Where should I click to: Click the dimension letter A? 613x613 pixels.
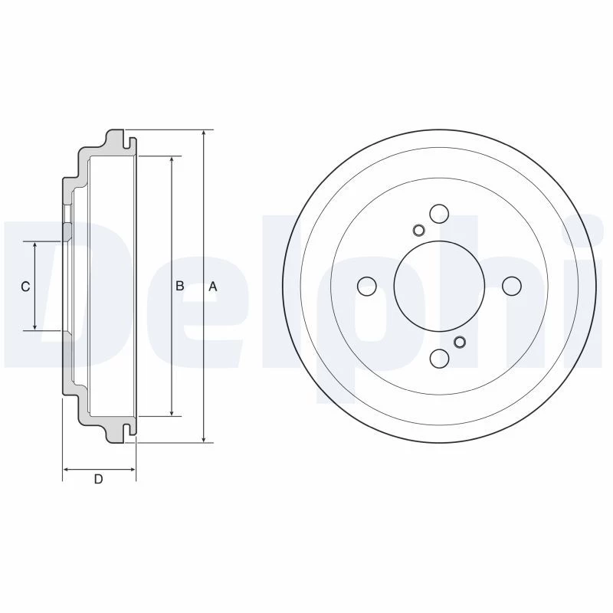point(213,287)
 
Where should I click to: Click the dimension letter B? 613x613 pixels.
point(179,286)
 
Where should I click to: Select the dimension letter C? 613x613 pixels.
point(25,287)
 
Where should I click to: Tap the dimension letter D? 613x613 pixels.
point(99,479)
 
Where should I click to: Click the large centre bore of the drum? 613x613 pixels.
point(439,286)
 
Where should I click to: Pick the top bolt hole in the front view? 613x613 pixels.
point(439,214)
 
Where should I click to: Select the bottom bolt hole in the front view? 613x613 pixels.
point(439,359)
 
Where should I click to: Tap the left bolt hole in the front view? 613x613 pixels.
point(367,286)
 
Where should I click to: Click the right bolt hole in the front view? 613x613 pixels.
point(512,286)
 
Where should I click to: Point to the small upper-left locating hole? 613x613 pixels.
point(418,231)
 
